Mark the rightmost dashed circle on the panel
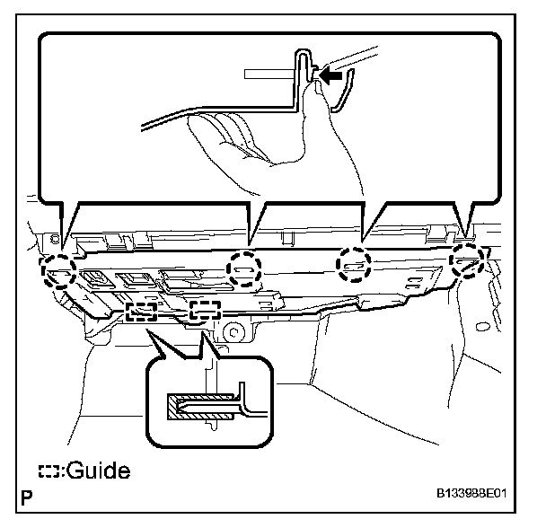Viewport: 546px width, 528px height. tap(467, 261)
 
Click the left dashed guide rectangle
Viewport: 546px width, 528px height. tap(142, 312)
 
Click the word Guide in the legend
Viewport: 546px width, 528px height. tap(98, 470)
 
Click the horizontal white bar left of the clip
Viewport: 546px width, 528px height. tap(269, 69)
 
